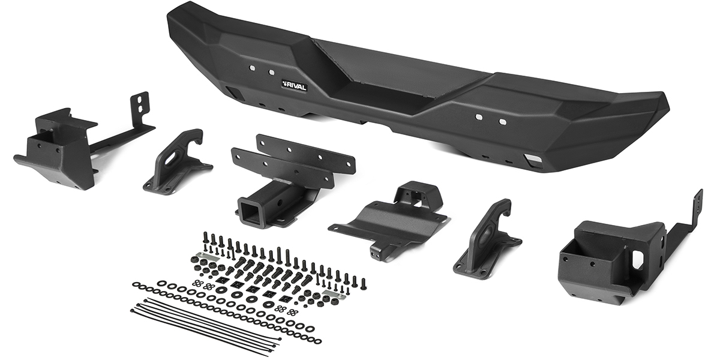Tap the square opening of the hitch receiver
[245, 212]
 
